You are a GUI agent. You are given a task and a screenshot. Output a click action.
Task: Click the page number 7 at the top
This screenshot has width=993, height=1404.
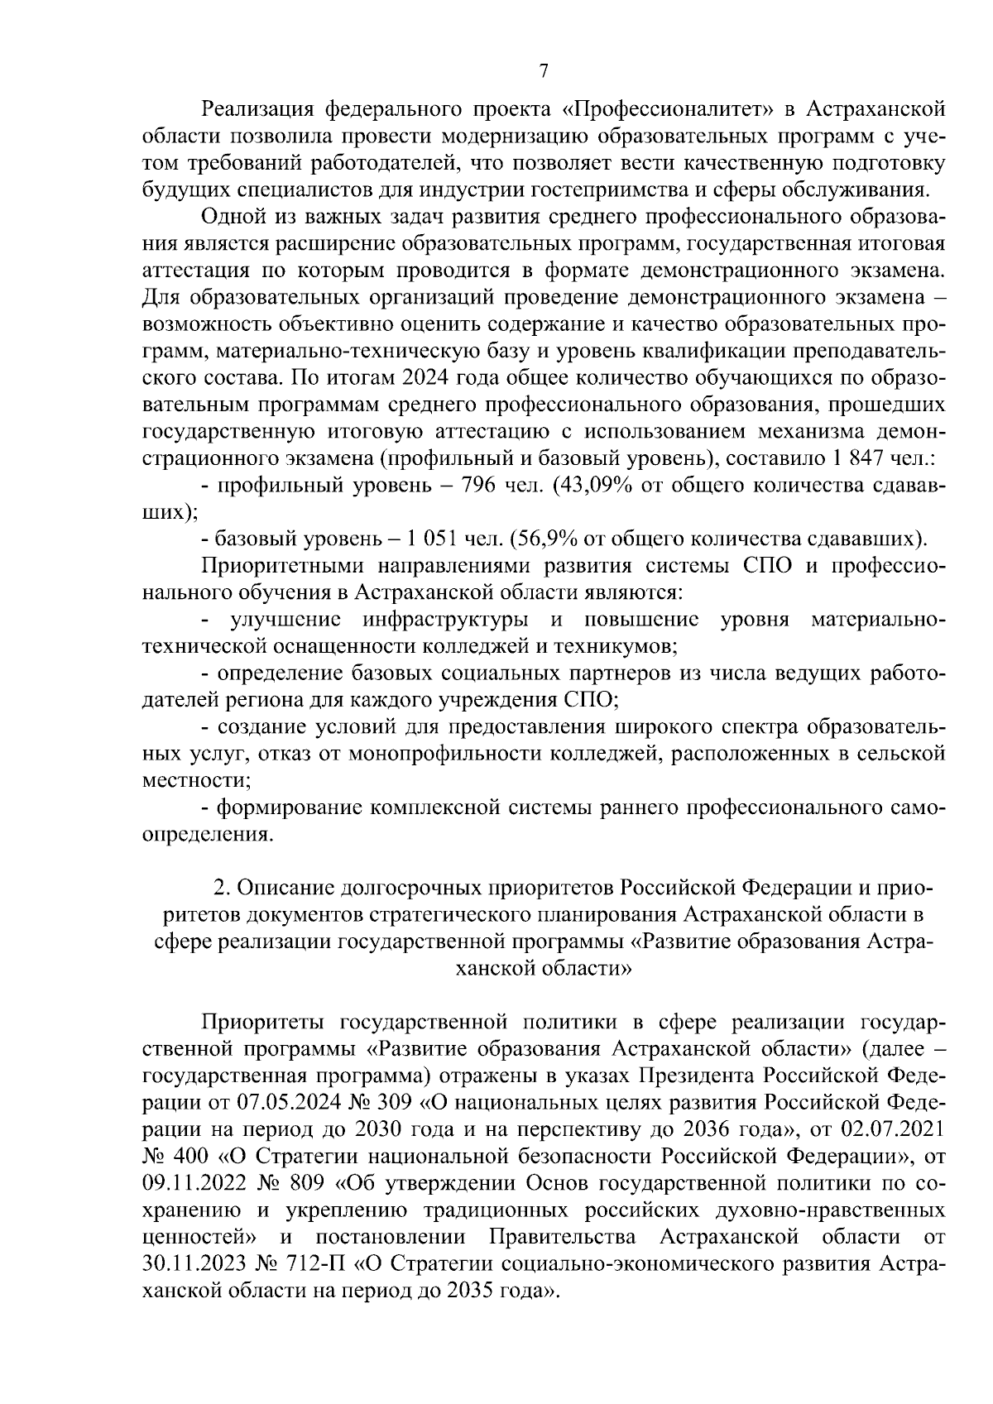(x=543, y=71)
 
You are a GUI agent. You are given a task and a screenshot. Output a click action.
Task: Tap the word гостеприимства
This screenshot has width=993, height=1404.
(x=616, y=189)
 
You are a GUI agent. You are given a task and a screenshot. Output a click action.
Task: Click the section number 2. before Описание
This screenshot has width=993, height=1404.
(x=220, y=887)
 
